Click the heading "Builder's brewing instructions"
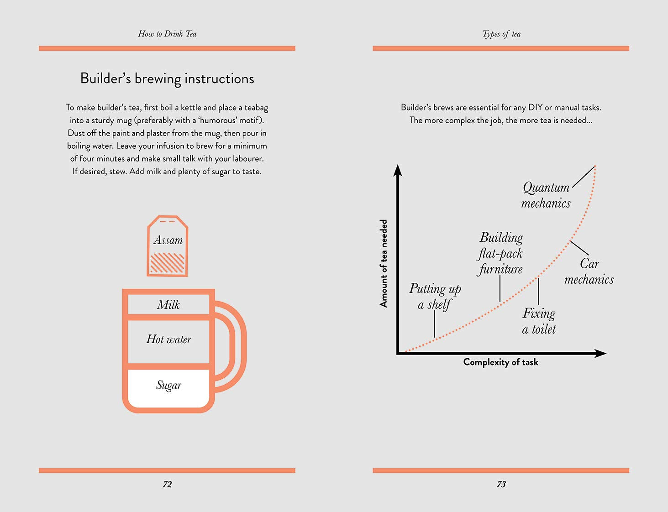coord(167,78)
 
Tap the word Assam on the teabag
coord(168,240)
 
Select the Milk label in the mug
coord(168,305)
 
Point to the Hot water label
coord(168,339)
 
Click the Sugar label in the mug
coord(168,385)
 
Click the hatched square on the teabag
coord(167,263)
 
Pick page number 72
coord(167,484)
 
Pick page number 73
coord(501,484)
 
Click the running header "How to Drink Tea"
coord(167,34)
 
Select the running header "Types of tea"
coord(501,34)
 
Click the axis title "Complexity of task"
coord(500,362)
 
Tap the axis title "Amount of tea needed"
coord(384,263)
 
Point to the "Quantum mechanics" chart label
coord(546,195)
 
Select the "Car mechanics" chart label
coord(589,272)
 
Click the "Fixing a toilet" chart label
coord(539,321)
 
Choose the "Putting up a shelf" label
coord(435,296)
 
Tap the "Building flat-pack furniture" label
coord(501,253)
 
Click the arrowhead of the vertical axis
coord(398,170)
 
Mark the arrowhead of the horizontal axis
coord(601,353)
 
